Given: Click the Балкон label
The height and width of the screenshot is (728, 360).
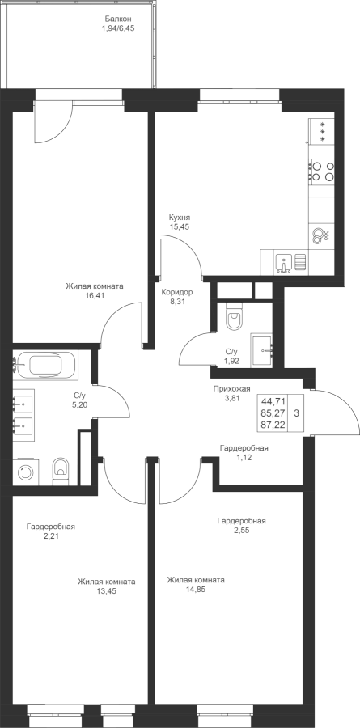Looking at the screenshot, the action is (x=118, y=19).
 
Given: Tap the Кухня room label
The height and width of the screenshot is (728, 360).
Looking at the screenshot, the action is (x=180, y=218).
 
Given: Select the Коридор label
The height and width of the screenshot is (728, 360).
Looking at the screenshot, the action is (x=177, y=292).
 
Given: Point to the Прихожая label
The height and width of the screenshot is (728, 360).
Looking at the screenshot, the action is (x=232, y=388).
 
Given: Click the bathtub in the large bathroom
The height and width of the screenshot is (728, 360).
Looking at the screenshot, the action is (x=46, y=364).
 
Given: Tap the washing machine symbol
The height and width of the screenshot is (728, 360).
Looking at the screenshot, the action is (x=26, y=472).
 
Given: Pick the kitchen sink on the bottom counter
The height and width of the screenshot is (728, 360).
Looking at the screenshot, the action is (x=283, y=262).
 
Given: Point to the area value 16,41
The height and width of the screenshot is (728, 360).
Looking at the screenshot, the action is (x=95, y=294).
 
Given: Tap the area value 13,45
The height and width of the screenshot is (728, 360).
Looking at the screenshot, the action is (x=106, y=591).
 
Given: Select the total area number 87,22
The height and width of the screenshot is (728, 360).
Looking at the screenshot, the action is (x=273, y=425).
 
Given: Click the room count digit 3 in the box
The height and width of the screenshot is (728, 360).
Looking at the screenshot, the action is (x=296, y=413).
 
